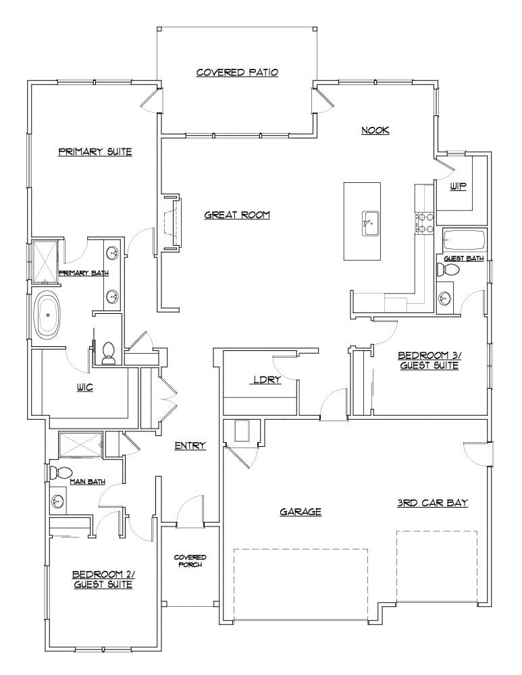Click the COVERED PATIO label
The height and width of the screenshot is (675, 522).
click(x=237, y=72)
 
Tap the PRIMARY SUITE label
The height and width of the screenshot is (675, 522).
click(x=95, y=152)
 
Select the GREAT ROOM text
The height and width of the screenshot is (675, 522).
click(x=237, y=215)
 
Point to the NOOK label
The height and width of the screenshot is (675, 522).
click(x=375, y=130)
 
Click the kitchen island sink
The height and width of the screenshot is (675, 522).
click(x=369, y=223)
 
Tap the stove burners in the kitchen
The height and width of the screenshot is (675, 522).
click(x=426, y=223)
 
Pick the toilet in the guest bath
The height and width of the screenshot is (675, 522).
click(x=448, y=270)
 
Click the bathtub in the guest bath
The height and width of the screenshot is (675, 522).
click(x=464, y=239)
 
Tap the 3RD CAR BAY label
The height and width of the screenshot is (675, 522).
click(x=432, y=503)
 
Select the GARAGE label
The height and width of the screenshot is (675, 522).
click(x=301, y=512)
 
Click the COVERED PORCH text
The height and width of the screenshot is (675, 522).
click(x=190, y=560)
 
